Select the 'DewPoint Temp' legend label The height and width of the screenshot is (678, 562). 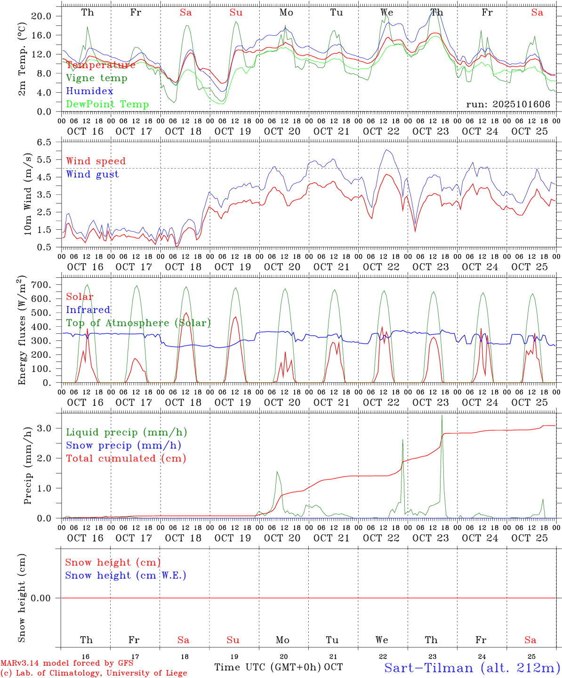coord(107,105)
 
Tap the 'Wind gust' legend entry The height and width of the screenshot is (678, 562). coord(92,174)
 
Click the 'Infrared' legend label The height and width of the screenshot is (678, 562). coord(88,310)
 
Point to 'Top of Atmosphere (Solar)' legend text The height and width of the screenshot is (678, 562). coord(138,323)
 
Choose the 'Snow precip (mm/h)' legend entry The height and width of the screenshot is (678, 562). coord(123,445)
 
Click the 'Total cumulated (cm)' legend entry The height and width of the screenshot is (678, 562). coord(126,459)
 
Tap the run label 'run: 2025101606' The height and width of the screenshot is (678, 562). coord(508,105)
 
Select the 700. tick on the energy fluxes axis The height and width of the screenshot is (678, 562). coord(42,285)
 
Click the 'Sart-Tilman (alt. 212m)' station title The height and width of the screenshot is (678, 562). coord(472,668)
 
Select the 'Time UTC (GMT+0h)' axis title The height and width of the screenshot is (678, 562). coord(268,667)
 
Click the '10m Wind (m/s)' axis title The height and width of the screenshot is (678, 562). coord(28,194)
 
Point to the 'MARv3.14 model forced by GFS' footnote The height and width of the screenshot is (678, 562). coord(67,663)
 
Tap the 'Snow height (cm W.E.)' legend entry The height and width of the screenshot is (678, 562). coord(126,575)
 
